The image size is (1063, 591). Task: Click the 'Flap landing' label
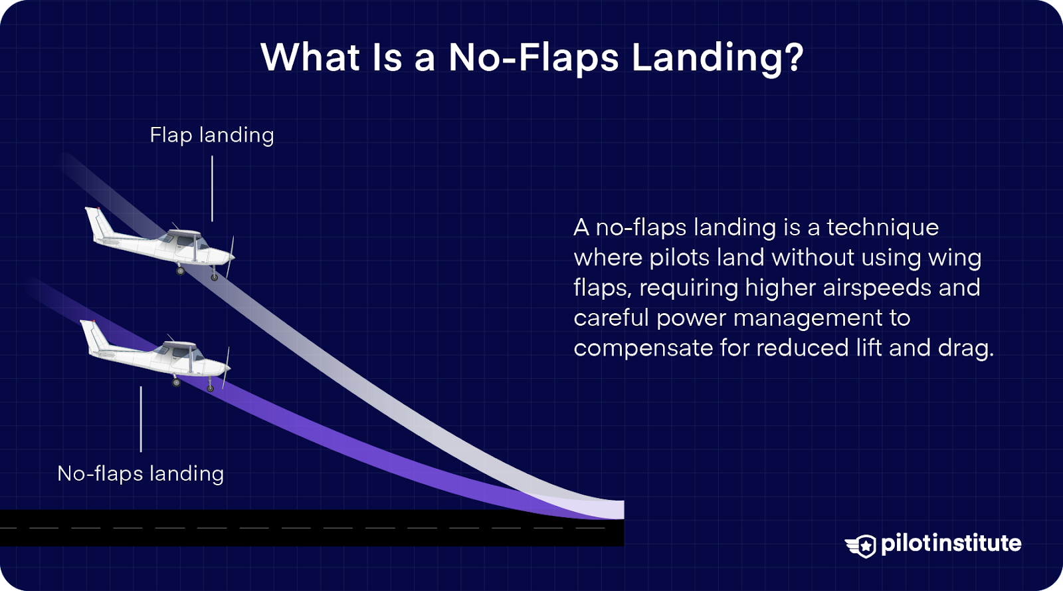pos(211,135)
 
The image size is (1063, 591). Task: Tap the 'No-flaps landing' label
pos(141,473)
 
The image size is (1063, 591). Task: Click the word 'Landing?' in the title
pos(718,58)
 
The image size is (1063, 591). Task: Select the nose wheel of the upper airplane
pos(215,277)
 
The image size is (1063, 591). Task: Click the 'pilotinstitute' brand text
pos(951,543)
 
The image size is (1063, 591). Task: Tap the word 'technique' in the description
pos(882,227)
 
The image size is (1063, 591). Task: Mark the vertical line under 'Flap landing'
pos(212,188)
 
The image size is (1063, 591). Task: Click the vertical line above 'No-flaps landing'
pos(141,419)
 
